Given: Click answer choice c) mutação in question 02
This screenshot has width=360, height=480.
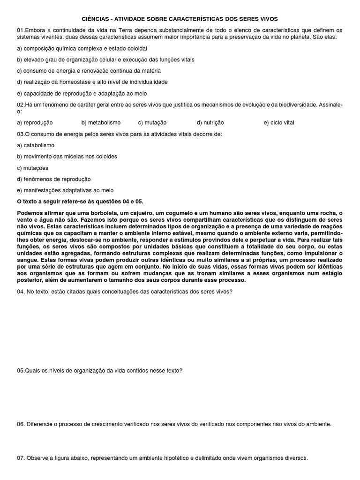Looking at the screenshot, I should click(x=152, y=122).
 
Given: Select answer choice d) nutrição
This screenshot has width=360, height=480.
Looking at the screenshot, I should click(x=210, y=122).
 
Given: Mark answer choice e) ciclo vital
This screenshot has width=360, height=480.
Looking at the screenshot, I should click(x=279, y=122).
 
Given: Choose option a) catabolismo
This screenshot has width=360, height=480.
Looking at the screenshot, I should click(x=36, y=145).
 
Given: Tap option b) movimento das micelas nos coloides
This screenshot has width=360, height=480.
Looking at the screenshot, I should click(x=67, y=157).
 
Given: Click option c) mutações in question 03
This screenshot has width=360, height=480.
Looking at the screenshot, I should click(x=32, y=168).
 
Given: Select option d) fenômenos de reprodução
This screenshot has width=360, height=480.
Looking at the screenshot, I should click(x=54, y=179).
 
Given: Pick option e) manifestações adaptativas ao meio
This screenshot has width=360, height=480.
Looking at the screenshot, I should click(x=65, y=190).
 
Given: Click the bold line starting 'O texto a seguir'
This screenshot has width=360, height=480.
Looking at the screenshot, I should click(x=80, y=202).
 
